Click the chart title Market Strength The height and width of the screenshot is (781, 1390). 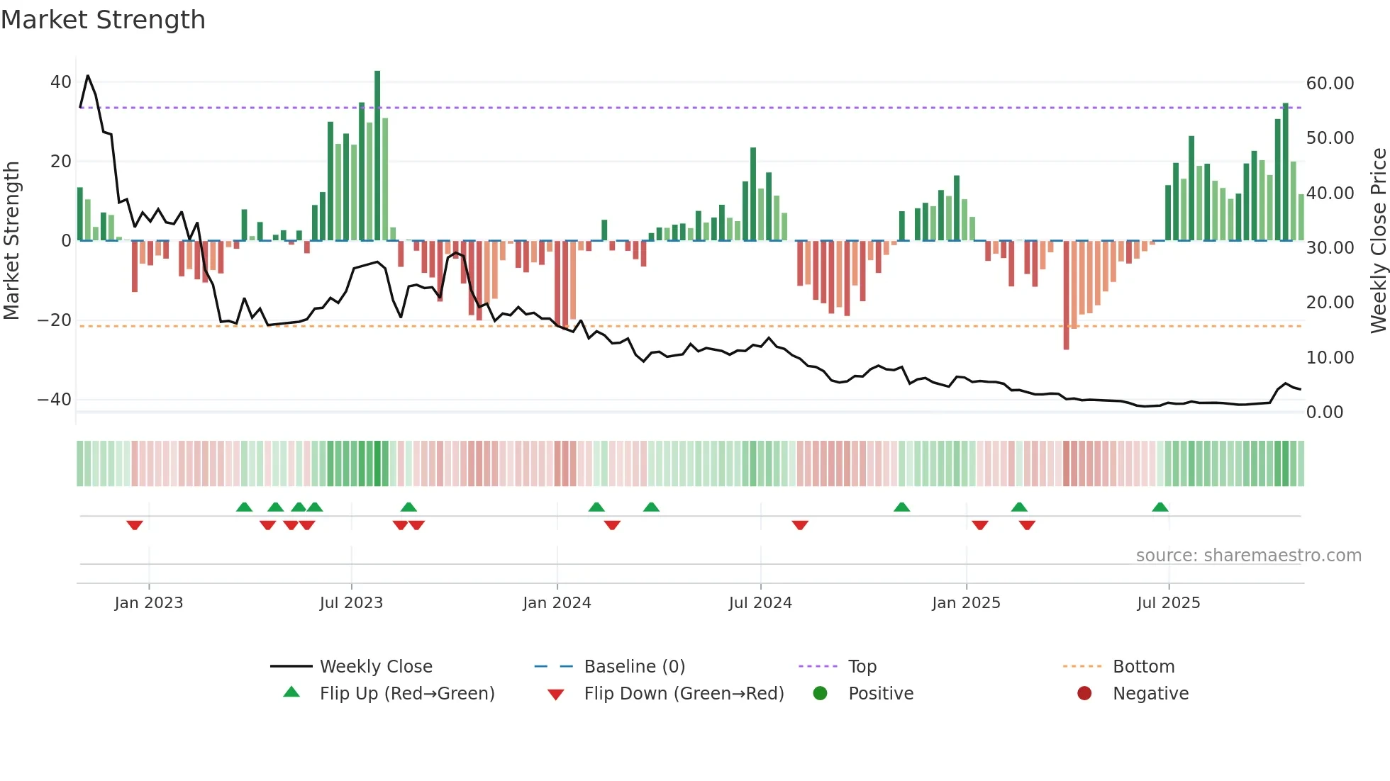tap(103, 20)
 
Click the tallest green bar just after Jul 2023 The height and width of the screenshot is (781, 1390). tap(377, 156)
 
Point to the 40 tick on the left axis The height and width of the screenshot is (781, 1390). tap(61, 82)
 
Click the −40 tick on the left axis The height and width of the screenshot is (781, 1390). tap(55, 400)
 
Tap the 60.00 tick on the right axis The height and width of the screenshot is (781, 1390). tap(1330, 84)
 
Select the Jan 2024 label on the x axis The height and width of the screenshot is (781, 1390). tap(557, 603)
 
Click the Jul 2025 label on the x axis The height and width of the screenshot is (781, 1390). tap(1168, 603)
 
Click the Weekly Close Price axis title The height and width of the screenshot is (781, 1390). tap(1378, 241)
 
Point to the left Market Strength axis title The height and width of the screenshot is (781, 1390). tap(11, 241)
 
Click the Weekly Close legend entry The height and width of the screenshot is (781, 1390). tap(375, 667)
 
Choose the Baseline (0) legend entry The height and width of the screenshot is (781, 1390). tap(634, 667)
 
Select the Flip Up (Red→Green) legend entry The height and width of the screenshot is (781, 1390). tap(406, 694)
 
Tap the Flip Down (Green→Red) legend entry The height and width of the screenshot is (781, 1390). tap(684, 694)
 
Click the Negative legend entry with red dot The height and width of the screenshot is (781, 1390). tap(1150, 694)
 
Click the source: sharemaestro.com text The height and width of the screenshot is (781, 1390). tap(1248, 556)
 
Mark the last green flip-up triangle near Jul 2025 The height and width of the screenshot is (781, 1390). tap(1160, 507)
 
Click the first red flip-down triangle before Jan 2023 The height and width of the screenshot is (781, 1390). tap(135, 525)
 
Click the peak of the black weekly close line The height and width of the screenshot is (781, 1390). tap(88, 76)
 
